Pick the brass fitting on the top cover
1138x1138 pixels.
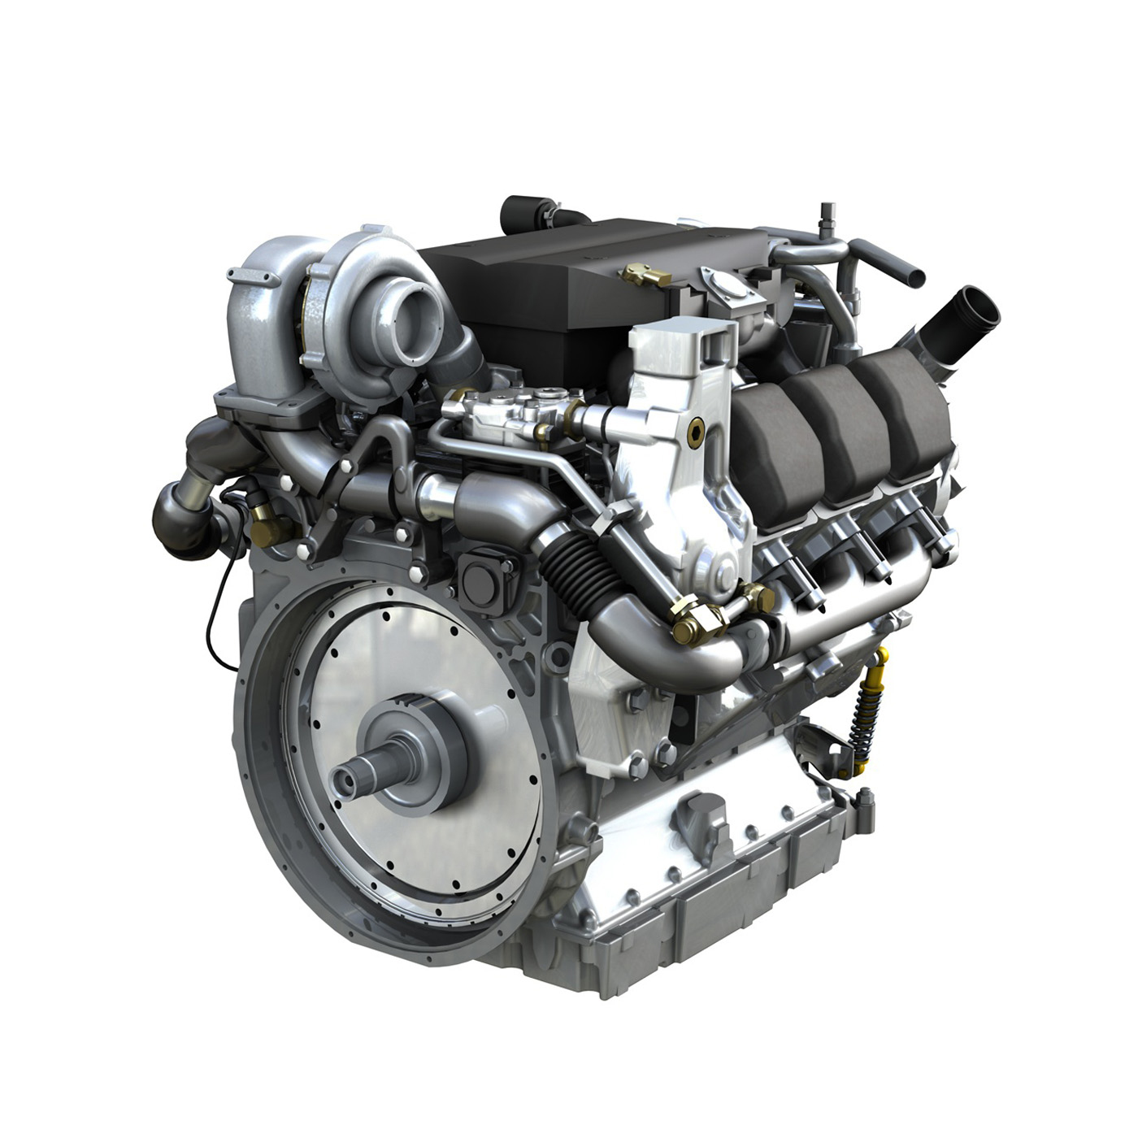646,275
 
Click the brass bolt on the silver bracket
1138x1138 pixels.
696,432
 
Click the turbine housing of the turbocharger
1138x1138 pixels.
260,325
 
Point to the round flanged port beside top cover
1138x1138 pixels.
732,289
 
